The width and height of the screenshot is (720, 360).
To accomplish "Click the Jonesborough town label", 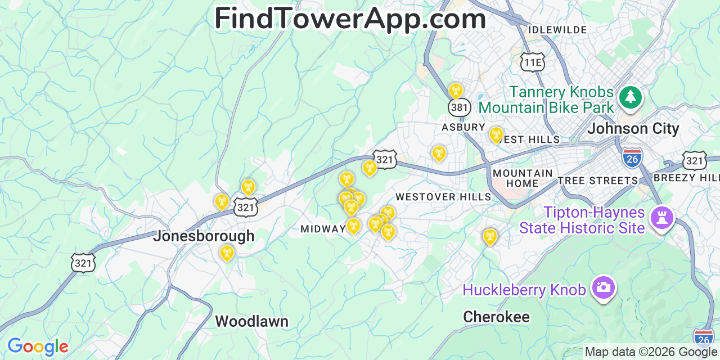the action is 204,236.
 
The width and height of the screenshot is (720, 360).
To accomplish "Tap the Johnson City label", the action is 633,129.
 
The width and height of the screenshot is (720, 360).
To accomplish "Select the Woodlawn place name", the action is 251,322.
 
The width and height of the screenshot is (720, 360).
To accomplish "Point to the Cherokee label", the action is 496,317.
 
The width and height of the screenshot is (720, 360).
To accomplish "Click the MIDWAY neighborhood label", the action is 322,229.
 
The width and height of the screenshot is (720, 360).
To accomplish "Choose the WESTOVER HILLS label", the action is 443,197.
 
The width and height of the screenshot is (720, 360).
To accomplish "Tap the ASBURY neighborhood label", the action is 463,127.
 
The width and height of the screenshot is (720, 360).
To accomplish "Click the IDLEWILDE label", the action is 557,30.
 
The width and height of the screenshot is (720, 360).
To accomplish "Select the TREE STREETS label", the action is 598,181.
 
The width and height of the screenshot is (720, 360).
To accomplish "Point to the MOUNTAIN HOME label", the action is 523,178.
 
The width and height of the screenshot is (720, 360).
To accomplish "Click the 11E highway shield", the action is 532,62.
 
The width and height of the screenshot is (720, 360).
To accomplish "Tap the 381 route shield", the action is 459,107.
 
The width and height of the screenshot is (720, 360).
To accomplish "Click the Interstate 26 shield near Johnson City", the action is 633,157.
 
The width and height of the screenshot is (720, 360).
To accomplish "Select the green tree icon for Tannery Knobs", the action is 631,97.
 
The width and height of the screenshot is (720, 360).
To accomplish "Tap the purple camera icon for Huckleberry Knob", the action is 603,287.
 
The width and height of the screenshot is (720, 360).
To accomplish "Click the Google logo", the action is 38,346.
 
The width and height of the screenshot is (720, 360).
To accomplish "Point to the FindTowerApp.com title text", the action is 350,19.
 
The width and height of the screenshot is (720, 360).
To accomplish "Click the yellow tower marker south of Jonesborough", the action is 226,253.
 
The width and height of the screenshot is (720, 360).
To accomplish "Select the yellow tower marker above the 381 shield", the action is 456,90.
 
